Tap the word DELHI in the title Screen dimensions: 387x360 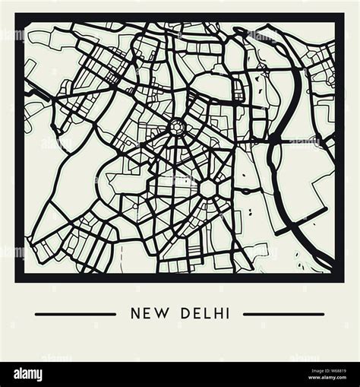click(x=203, y=313)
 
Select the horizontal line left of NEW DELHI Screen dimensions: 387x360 click(x=75, y=314)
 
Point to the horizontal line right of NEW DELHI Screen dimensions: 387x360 click(x=283, y=314)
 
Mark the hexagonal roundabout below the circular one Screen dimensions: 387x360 click(x=207, y=187)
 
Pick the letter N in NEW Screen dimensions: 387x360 click(x=136, y=313)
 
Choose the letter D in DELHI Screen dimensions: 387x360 click(x=181, y=313)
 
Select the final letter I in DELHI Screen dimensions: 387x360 click(x=226, y=313)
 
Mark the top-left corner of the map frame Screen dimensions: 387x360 click(x=17, y=16)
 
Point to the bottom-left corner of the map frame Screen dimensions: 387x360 click(x=17, y=279)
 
